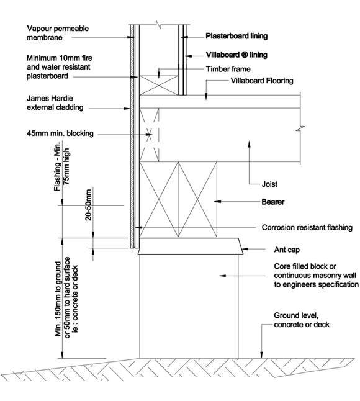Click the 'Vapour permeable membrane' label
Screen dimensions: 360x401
[x=58, y=33]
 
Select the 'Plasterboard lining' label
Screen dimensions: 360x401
[x=236, y=36]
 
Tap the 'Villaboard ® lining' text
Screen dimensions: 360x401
[x=236, y=55]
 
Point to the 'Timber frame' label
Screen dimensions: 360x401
[x=228, y=69]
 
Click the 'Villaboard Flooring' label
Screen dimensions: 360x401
[x=262, y=81]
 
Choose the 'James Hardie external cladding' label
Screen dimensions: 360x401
[x=55, y=103]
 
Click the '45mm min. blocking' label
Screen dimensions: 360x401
[x=60, y=133]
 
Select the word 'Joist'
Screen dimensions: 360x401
[x=269, y=184]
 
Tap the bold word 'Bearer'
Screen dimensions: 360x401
[x=273, y=202]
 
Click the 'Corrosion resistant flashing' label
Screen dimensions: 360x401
[x=307, y=227]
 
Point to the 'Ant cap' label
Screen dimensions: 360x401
[x=287, y=250]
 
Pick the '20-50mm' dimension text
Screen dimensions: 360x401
[x=88, y=205]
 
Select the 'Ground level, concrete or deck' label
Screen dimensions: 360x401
[x=302, y=320]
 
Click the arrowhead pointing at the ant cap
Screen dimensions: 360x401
[x=245, y=248]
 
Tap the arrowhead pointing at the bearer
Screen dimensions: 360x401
[x=217, y=202]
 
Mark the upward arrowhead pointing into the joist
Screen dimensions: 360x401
[x=250, y=144]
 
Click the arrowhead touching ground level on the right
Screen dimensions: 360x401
[x=261, y=354]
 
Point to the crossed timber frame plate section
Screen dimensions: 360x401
[x=159, y=85]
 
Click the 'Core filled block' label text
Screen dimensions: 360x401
[x=305, y=266]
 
